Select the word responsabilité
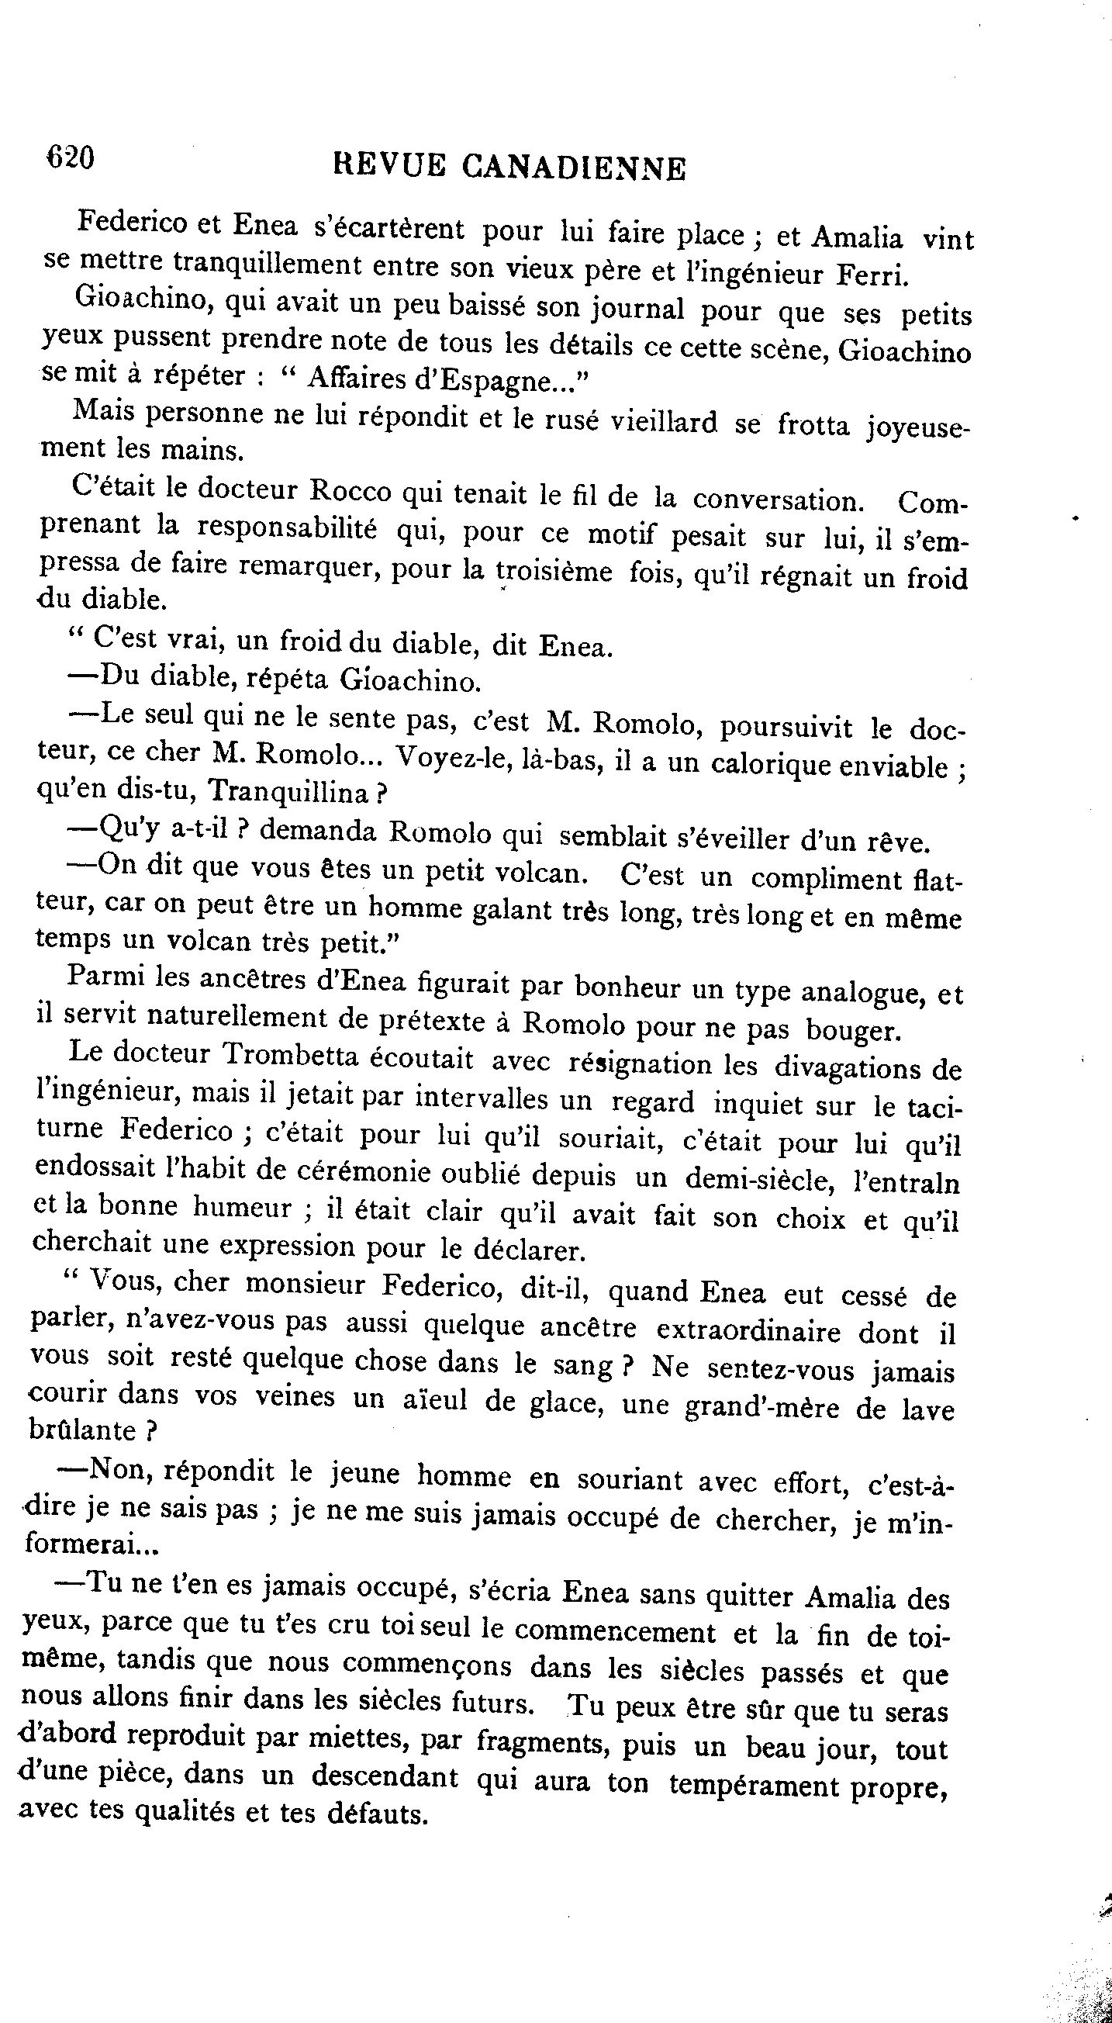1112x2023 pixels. tap(286, 529)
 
